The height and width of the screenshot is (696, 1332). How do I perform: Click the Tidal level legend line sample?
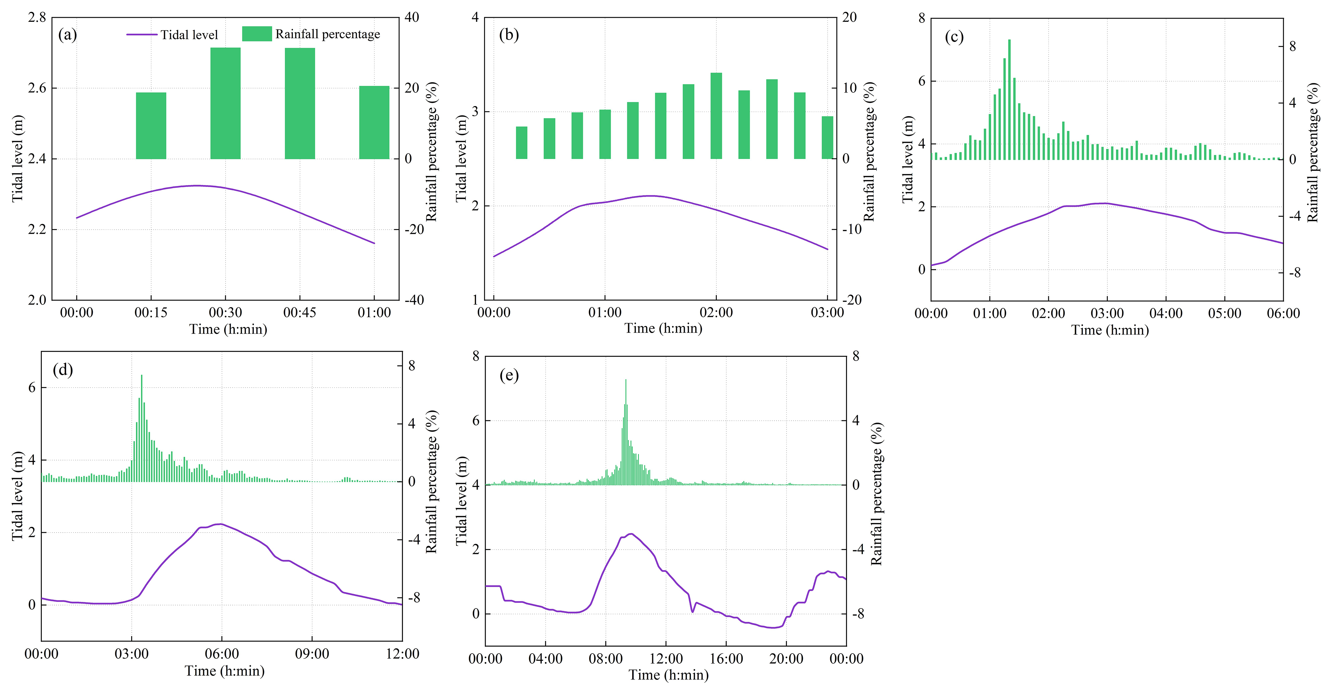click(142, 35)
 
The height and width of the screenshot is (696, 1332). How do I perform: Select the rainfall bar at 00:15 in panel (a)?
click(151, 126)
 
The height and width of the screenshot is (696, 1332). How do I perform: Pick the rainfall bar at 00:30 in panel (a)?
click(226, 103)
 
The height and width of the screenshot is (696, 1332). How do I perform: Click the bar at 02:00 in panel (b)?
click(716, 116)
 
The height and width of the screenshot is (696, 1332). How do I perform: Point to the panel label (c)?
click(954, 37)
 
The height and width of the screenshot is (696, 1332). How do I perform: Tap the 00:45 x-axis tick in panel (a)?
click(300, 312)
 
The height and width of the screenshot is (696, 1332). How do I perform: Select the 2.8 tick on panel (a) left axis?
click(37, 17)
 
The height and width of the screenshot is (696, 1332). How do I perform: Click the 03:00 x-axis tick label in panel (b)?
click(827, 312)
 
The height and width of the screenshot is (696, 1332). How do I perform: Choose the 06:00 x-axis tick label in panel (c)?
click(1283, 313)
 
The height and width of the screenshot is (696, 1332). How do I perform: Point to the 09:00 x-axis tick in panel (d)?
click(312, 654)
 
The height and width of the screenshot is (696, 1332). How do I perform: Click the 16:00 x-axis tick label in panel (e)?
click(726, 658)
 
